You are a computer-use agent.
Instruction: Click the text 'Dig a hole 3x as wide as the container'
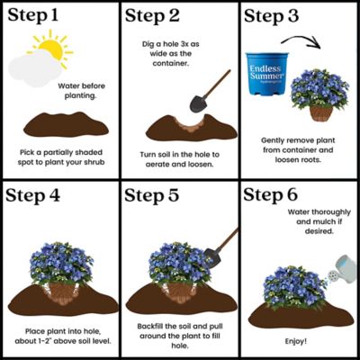tap(179, 51)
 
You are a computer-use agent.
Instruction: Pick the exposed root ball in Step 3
tap(320, 113)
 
